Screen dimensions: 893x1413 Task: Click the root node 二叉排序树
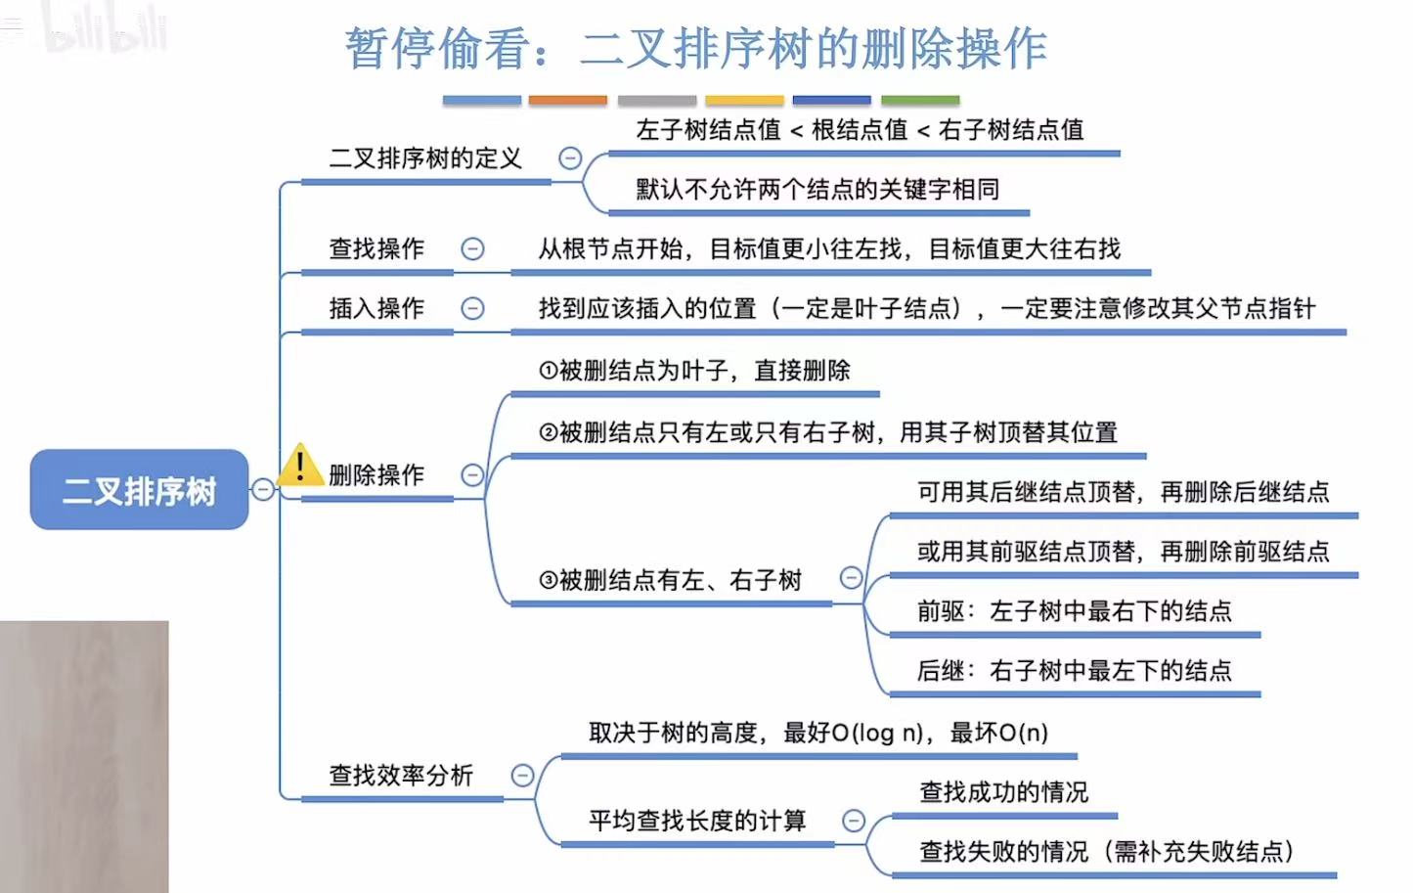pos(139,490)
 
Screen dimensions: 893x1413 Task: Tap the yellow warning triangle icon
pos(299,466)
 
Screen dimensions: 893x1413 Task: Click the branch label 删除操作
pos(376,475)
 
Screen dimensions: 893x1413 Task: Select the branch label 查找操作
pos(376,248)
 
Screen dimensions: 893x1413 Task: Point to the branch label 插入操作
pos(376,309)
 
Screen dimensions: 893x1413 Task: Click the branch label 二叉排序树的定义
pos(425,158)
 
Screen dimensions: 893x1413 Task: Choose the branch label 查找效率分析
pos(401,776)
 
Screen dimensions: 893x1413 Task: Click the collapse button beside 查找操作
pos(472,248)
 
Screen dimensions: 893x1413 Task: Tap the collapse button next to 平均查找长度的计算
pos(854,821)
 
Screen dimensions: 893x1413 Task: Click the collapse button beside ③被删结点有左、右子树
pos(852,578)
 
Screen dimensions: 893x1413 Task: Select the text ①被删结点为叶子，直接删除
pos(694,371)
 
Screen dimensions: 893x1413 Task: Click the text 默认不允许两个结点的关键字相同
pos(817,189)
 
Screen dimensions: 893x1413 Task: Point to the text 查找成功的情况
pos(1003,791)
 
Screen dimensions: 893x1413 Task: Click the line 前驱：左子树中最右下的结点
pos(1074,611)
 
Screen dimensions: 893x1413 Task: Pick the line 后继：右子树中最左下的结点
pos(1074,671)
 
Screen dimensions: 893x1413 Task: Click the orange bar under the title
pos(567,100)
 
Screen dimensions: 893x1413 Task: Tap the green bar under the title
pos(920,100)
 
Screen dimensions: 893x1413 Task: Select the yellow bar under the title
pos(744,100)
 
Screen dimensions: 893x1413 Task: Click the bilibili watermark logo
pos(106,31)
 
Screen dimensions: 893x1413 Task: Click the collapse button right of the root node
pos(263,489)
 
